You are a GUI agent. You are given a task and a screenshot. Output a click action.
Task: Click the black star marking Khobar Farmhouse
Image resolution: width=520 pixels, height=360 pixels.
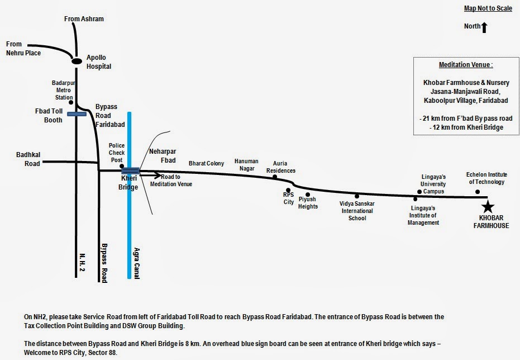[488, 206]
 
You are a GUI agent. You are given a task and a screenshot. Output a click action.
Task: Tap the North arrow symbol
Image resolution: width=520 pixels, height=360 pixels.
[484, 27]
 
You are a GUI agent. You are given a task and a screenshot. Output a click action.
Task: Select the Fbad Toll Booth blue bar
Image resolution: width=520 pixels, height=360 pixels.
[76, 114]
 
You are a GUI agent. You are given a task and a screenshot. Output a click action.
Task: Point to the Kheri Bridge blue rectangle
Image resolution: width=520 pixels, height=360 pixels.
[130, 170]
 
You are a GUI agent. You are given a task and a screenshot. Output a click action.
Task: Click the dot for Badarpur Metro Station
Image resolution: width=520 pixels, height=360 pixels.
[71, 103]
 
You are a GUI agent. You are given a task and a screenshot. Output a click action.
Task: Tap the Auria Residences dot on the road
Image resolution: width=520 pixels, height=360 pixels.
[275, 177]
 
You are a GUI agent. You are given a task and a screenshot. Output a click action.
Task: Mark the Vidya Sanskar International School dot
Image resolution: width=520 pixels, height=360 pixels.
[357, 197]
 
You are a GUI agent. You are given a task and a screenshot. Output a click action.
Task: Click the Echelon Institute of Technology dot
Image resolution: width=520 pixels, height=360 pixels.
[478, 192]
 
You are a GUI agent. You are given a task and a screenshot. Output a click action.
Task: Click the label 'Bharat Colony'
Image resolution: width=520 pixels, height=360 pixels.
[206, 163]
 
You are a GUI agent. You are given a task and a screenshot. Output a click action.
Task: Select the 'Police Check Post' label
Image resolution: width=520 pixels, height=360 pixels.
[117, 153]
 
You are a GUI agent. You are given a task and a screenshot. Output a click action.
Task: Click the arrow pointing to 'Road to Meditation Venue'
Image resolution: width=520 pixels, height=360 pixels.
[150, 175]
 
